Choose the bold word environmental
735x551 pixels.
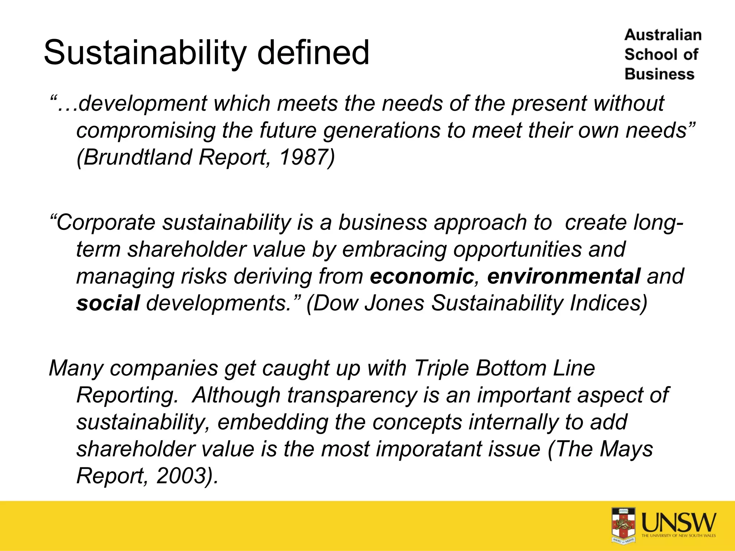563,276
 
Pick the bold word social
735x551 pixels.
108,303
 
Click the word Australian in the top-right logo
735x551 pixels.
663,35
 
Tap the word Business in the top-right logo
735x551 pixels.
660,74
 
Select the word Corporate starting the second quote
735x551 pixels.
106,222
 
